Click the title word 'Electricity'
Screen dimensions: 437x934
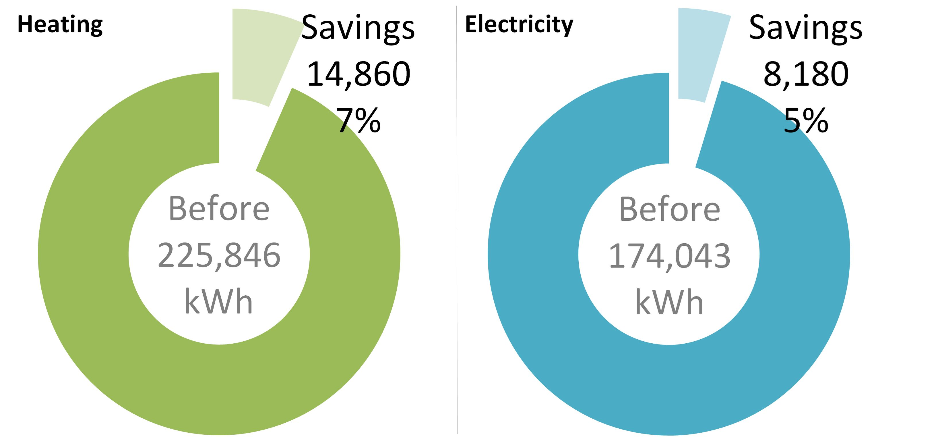[x=519, y=25]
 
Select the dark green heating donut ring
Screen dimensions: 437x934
[x=84, y=254]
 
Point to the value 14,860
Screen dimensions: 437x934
[x=358, y=74]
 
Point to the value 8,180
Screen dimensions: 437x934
[x=806, y=74]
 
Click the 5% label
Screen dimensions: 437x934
[x=806, y=120]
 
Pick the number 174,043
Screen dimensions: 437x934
[x=669, y=256]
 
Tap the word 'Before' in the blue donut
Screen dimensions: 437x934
[x=669, y=209]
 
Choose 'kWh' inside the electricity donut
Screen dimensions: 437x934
[x=669, y=302]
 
